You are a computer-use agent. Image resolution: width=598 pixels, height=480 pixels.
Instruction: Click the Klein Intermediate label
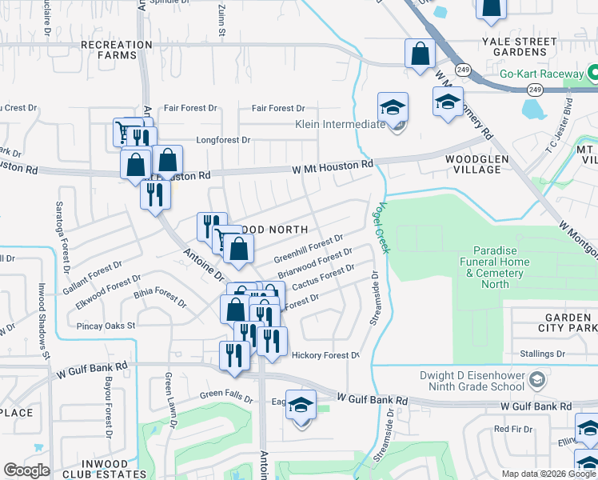click(340, 125)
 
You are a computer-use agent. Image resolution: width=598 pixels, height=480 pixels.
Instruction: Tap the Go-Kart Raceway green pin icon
click(592, 74)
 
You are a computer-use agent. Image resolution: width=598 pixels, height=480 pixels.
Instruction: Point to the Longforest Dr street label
click(217, 139)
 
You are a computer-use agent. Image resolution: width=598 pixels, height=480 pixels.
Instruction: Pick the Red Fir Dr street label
click(512, 429)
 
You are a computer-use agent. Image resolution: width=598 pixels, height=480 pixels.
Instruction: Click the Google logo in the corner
click(26, 470)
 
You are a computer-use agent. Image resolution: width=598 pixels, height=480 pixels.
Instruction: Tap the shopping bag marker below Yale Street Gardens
click(420, 55)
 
